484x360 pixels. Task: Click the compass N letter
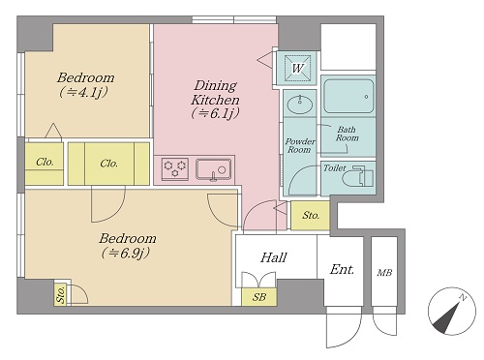(x=463, y=297)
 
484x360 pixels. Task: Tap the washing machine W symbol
(x=297, y=68)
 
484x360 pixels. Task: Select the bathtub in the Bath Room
(x=348, y=96)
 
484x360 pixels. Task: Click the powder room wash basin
(x=300, y=104)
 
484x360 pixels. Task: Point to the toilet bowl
(x=358, y=177)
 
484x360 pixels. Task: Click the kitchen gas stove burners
(x=175, y=168)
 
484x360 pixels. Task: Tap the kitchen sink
(x=213, y=169)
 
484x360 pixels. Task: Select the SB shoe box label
(x=259, y=297)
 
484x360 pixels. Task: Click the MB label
(x=384, y=273)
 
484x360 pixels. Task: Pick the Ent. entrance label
(x=342, y=269)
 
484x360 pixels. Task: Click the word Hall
(x=274, y=257)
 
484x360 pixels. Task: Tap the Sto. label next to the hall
(x=311, y=215)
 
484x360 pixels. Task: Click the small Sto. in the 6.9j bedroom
(x=61, y=294)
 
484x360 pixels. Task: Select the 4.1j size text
(x=83, y=93)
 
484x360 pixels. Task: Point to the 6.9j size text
(x=125, y=254)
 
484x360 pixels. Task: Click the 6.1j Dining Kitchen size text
(x=215, y=113)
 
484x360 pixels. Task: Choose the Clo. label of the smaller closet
(x=45, y=162)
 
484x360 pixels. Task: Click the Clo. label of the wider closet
(x=108, y=164)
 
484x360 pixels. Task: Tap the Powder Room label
(x=300, y=145)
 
